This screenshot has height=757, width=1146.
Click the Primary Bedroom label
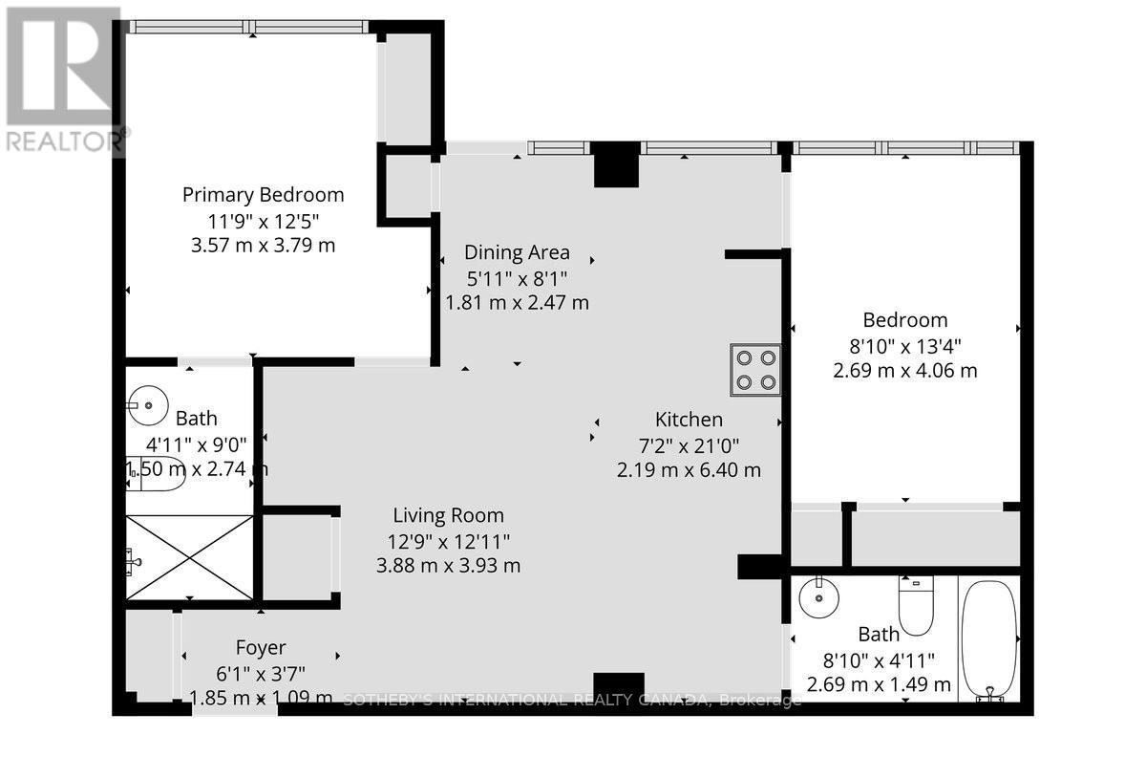coord(264,195)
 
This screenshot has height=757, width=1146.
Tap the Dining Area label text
coord(517,252)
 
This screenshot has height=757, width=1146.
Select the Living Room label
coord(447,516)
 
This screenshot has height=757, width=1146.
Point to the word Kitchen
coord(689,419)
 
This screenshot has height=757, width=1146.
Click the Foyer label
coord(261,647)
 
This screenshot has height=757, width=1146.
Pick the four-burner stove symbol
coord(755,370)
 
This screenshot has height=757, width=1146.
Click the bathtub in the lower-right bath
coord(989,638)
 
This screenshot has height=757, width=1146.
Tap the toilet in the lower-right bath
coord(915,606)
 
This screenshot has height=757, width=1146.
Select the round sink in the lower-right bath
coord(817,599)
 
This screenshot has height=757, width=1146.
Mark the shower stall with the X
coord(189,557)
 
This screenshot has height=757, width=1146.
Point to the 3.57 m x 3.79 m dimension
coord(264,245)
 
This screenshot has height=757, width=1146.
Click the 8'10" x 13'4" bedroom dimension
coord(905,345)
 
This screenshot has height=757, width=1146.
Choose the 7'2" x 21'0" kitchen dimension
coord(689,444)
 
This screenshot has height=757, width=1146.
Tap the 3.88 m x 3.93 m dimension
coord(447,565)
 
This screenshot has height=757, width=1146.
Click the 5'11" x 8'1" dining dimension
coord(517,278)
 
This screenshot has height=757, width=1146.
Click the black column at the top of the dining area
coord(616,164)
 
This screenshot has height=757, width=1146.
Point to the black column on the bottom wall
coord(612,687)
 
